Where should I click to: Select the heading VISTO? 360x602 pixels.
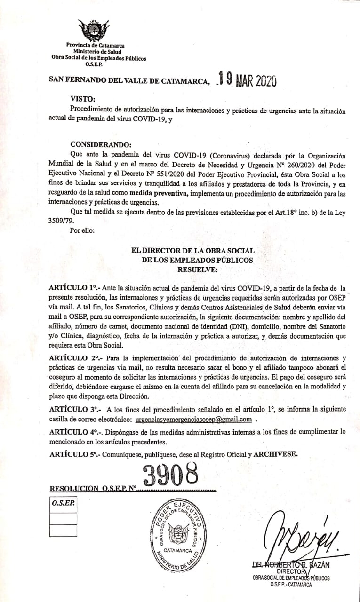click(x=82, y=99)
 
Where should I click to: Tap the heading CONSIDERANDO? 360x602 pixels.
click(x=101, y=144)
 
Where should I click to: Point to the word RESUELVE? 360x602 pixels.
click(x=197, y=270)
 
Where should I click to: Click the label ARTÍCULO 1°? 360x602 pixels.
click(x=72, y=287)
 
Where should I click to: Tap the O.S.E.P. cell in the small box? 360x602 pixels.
click(x=63, y=503)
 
